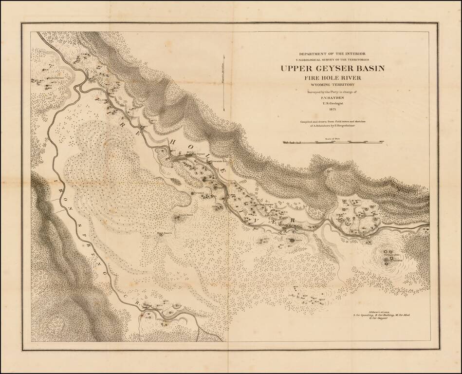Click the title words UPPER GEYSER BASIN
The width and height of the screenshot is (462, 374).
(x=332, y=68)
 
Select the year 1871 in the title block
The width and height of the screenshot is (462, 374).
(x=332, y=109)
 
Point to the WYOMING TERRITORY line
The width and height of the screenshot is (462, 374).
(x=332, y=85)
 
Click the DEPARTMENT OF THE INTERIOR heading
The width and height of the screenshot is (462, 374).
(x=332, y=53)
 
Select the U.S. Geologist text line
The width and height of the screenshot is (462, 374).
(x=332, y=103)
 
